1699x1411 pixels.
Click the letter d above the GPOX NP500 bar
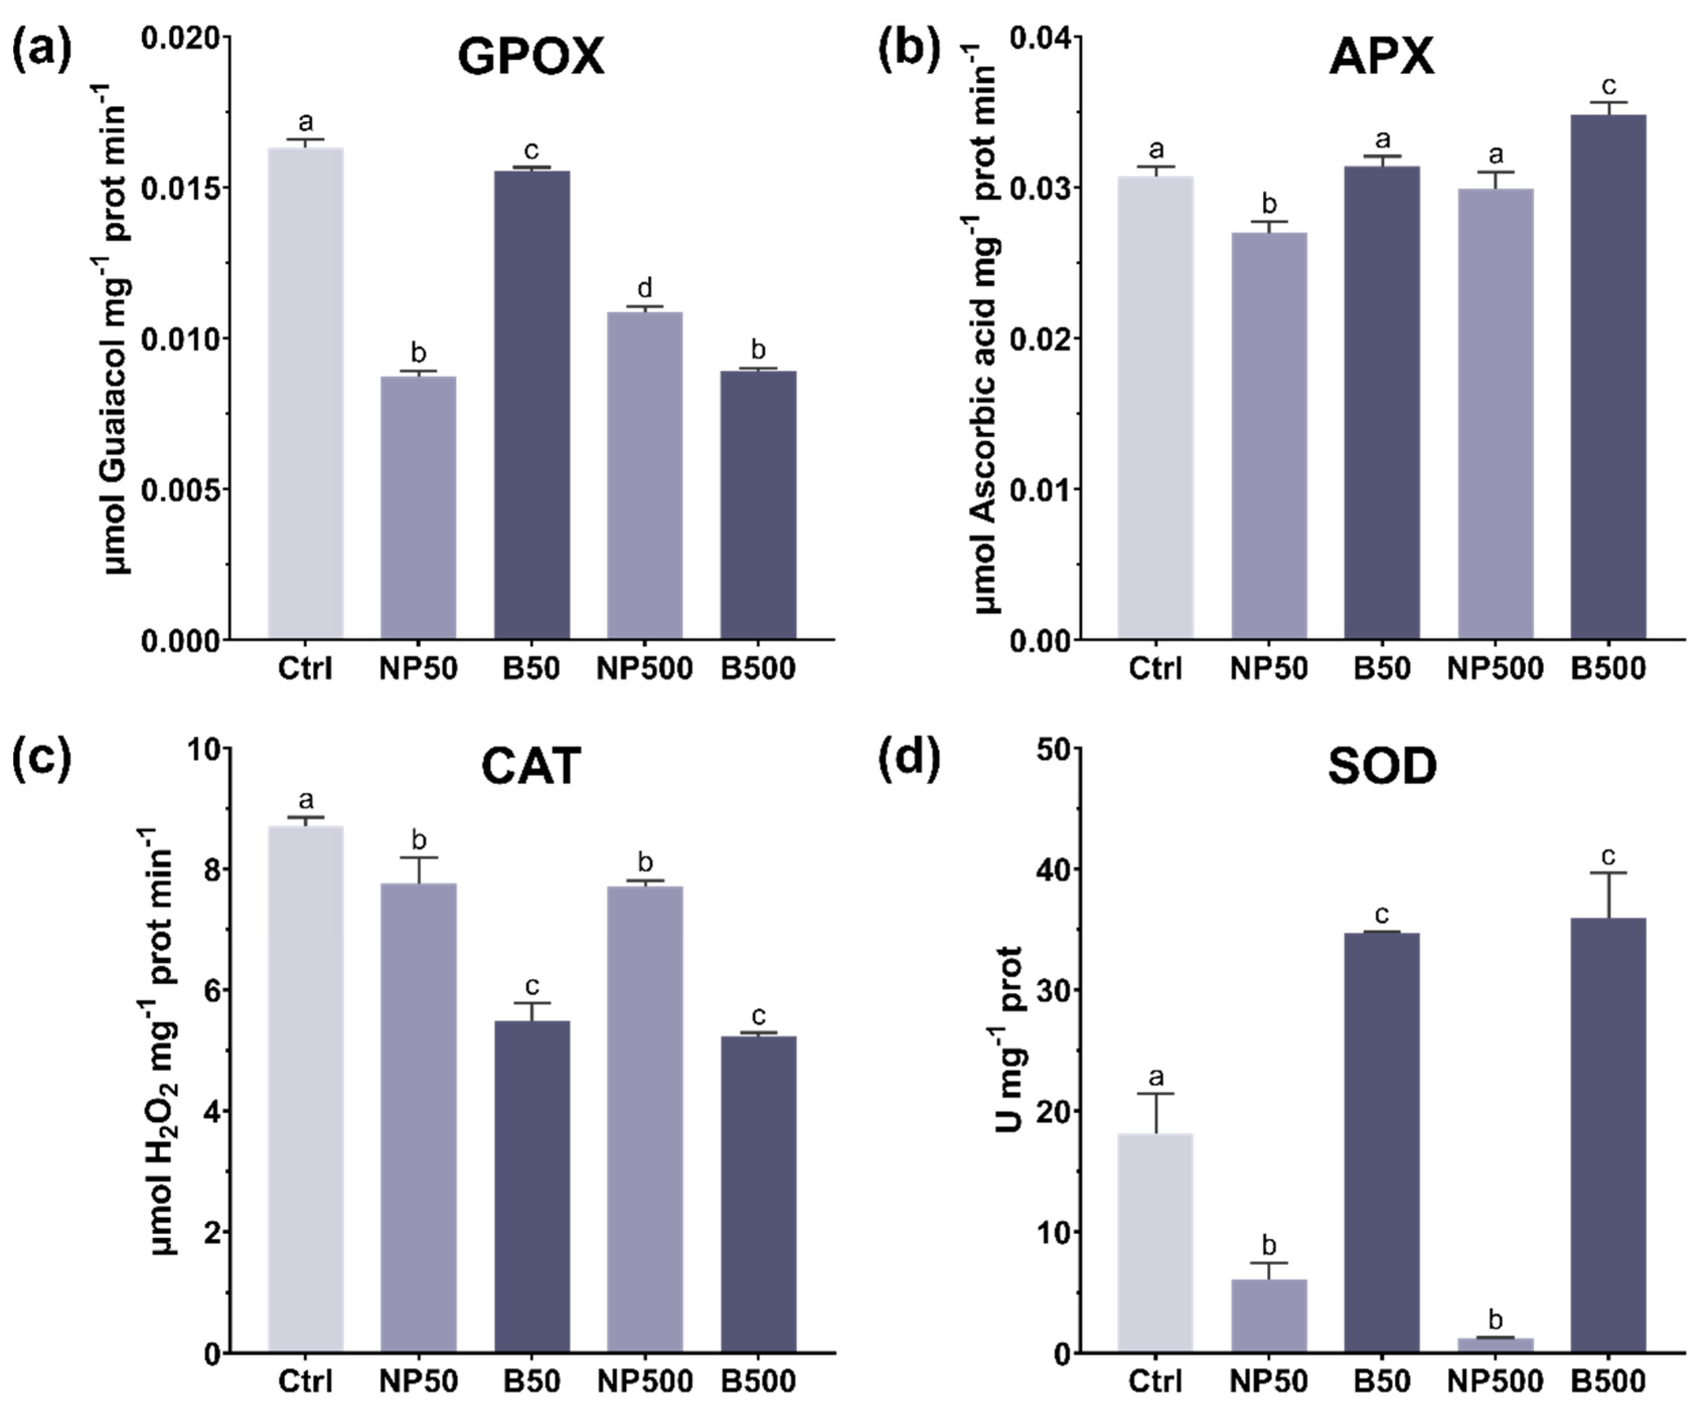(645, 288)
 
